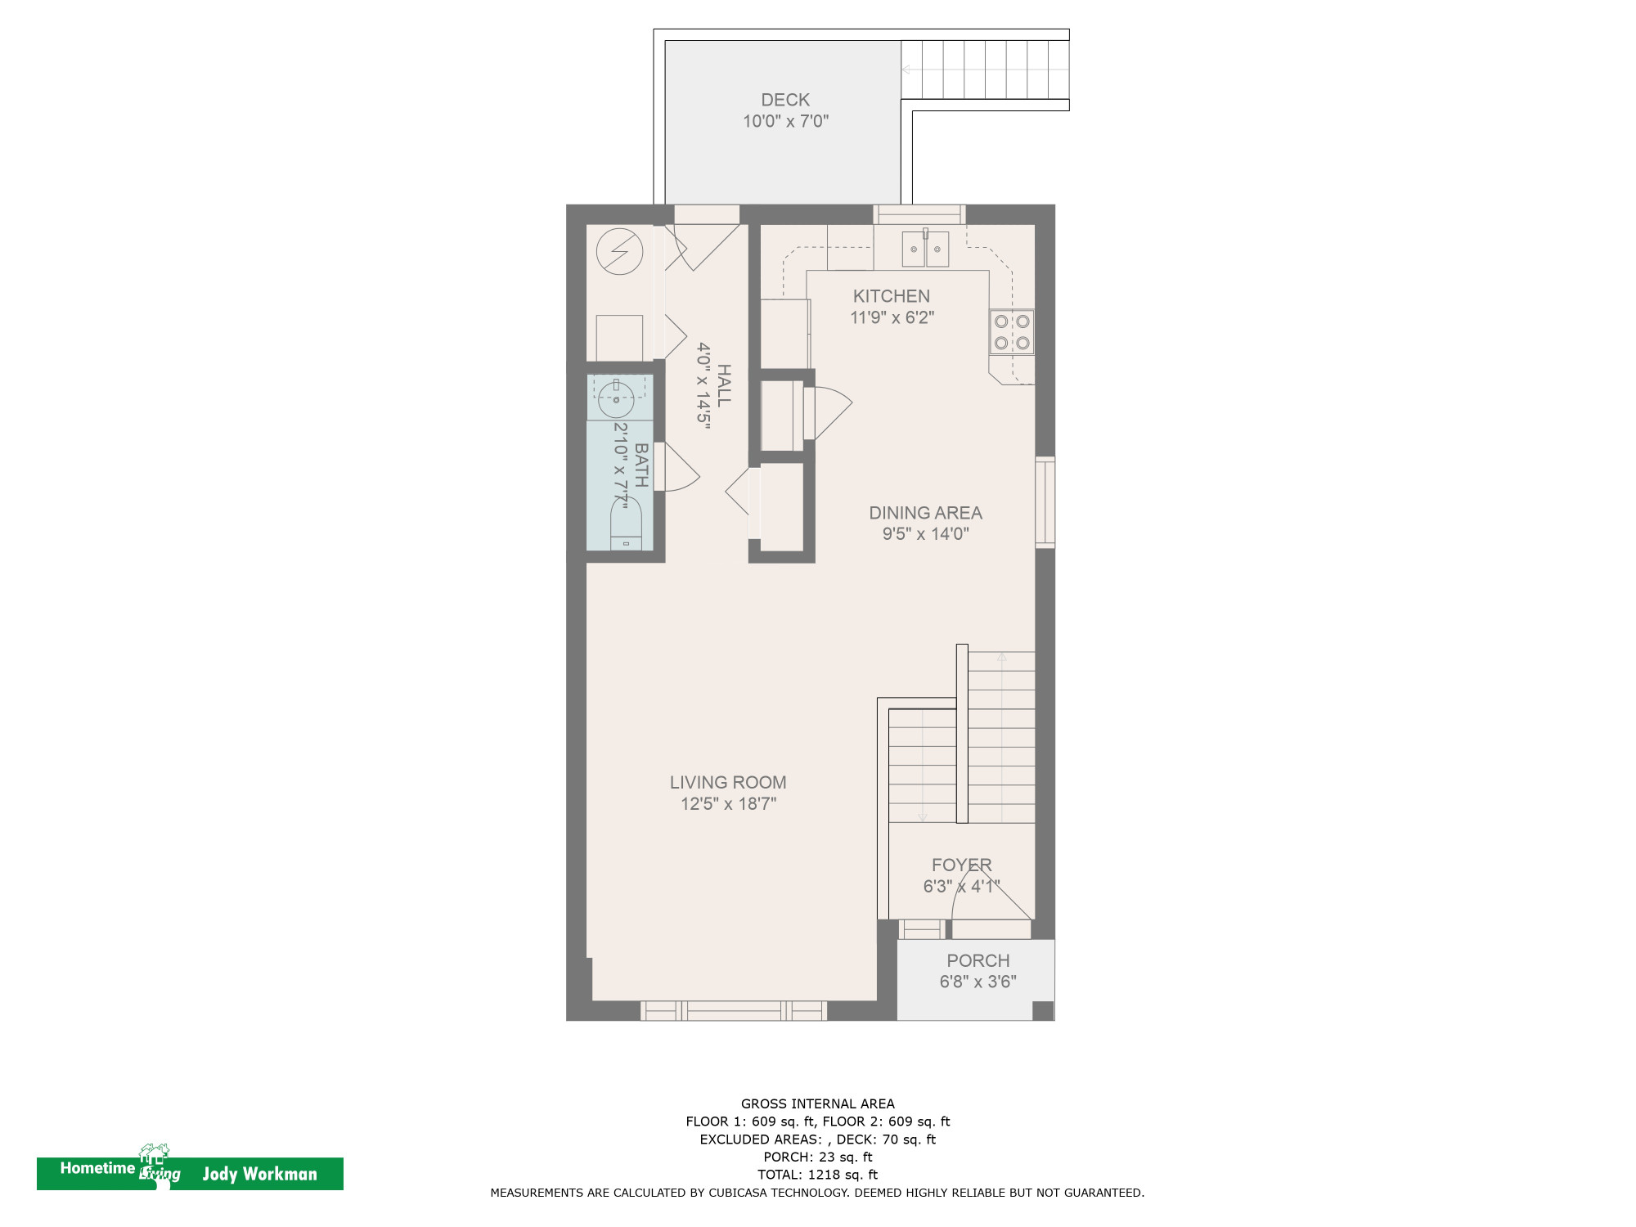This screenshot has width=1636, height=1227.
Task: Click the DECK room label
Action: click(785, 100)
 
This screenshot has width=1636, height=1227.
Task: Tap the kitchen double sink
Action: click(925, 249)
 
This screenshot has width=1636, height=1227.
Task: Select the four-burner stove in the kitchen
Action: click(1012, 331)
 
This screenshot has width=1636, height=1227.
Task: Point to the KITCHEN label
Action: click(891, 296)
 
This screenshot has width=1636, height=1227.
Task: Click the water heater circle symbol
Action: click(619, 251)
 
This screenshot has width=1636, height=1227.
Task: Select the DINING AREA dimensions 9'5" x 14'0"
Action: click(925, 534)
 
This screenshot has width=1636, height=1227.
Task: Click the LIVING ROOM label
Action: click(728, 782)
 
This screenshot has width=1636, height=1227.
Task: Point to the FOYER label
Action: click(961, 865)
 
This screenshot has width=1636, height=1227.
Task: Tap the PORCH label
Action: click(978, 960)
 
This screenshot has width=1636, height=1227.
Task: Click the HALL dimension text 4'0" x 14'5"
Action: click(703, 384)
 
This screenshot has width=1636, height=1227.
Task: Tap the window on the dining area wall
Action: click(1045, 502)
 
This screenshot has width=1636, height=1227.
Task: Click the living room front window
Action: click(733, 1011)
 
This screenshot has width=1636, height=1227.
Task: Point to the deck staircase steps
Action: click(985, 70)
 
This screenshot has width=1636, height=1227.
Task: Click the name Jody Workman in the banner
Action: click(259, 1174)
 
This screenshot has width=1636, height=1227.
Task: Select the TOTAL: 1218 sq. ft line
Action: click(817, 1175)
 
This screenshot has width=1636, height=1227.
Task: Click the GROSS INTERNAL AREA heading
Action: click(817, 1103)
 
